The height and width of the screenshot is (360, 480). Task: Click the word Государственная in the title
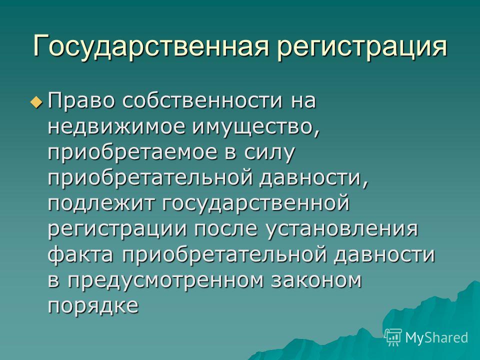pos(150,46)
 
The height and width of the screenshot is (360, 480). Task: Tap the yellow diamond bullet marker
pos(36,101)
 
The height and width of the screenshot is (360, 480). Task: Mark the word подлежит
pos(101,204)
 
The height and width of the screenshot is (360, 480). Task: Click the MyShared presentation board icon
pos(393,337)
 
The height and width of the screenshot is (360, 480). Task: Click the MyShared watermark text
pos(436,337)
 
